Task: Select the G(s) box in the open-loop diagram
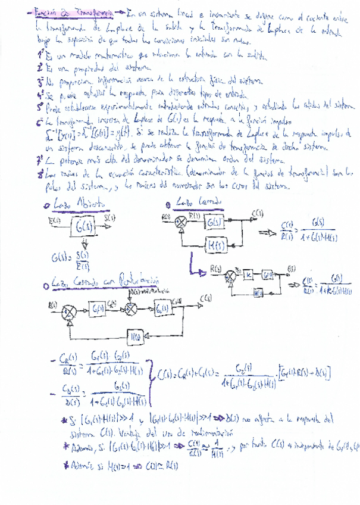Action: click(x=80, y=226)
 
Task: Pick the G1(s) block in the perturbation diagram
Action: click(x=99, y=309)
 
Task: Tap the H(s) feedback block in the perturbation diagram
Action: click(x=135, y=335)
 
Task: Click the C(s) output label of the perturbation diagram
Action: click(x=204, y=298)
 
